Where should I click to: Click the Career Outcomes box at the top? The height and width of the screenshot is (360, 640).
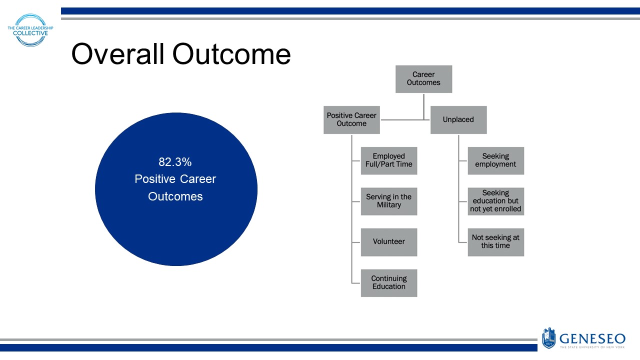[423, 79]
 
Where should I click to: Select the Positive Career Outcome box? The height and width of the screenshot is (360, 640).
[351, 120]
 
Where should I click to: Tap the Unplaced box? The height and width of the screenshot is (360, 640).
[458, 120]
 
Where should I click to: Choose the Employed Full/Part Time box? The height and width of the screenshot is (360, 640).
[389, 160]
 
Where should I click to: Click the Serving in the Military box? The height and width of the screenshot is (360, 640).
[389, 201]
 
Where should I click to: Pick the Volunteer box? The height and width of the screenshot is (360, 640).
[389, 242]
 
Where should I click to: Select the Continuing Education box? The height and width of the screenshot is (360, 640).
[389, 283]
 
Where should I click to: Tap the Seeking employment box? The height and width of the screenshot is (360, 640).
[495, 160]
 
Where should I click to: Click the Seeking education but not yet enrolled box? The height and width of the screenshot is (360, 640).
[495, 201]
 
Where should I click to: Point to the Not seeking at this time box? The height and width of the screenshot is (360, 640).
[495, 242]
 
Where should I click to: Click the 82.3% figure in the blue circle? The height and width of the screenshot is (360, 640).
[175, 162]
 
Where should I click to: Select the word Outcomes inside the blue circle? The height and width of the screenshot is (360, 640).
[175, 196]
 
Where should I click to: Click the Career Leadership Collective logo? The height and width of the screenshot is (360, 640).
[31, 30]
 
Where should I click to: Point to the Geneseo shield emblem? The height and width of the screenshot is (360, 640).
[548, 338]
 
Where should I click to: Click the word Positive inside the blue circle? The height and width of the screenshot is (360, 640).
[154, 179]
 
